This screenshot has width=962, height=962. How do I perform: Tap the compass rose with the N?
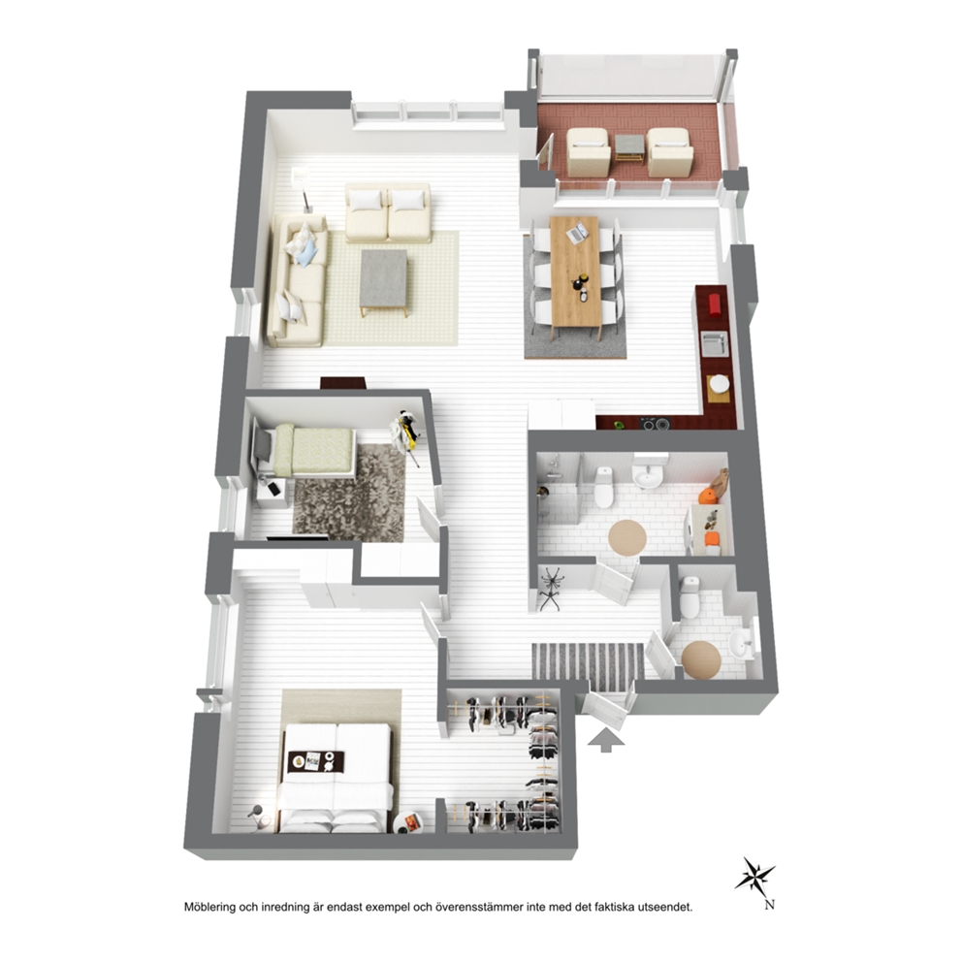click(755, 876)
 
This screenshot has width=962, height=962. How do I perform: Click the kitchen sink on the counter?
click(715, 343)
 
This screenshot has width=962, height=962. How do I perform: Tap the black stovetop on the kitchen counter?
click(654, 423)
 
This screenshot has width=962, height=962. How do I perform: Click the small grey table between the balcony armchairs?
click(629, 146)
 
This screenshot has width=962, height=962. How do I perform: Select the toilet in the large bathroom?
click(604, 487)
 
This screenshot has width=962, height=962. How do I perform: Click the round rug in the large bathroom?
click(627, 537)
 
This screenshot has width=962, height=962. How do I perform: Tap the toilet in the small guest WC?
click(689, 597)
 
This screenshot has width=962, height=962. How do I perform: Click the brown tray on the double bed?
click(316, 761)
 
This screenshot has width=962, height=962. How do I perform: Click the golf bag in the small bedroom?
click(405, 432)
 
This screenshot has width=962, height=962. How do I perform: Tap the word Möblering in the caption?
click(209, 907)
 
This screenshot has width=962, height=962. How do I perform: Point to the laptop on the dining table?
click(577, 233)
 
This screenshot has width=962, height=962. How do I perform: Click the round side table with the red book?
click(407, 822)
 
